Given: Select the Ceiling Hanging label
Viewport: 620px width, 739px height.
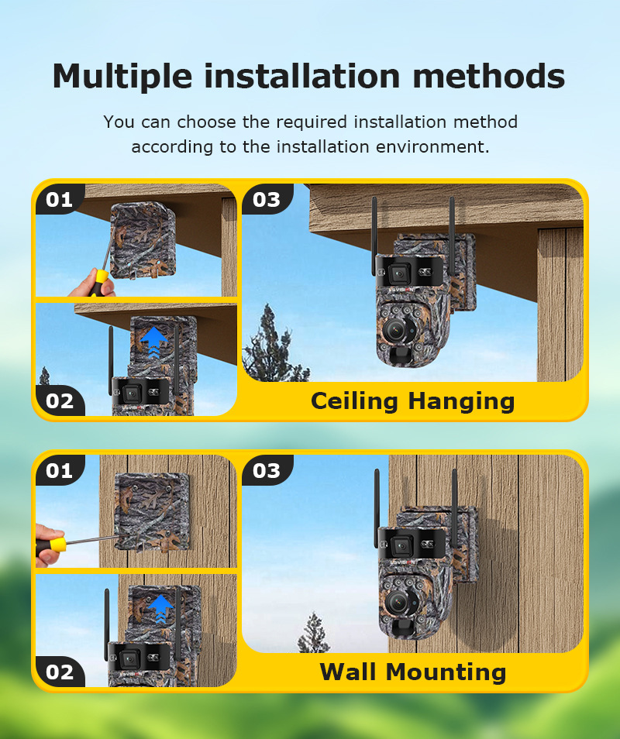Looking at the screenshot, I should click(412, 401).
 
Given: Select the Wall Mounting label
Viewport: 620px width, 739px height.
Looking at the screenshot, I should click(412, 672).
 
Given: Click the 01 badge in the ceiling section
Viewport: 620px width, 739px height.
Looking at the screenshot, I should click(59, 200).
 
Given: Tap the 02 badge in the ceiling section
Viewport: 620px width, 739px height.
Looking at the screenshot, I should click(60, 401).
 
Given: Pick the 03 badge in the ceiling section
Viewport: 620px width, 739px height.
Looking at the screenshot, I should click(266, 200).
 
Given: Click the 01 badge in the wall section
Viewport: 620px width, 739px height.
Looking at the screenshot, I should click(59, 471).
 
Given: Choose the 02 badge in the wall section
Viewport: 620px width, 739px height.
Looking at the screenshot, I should click(60, 672).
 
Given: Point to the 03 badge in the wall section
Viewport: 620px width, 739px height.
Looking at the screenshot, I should click(266, 471).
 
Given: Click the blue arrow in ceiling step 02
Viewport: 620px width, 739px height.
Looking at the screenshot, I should click(154, 339).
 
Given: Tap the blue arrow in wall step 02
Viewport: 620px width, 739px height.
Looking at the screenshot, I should click(160, 606).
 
